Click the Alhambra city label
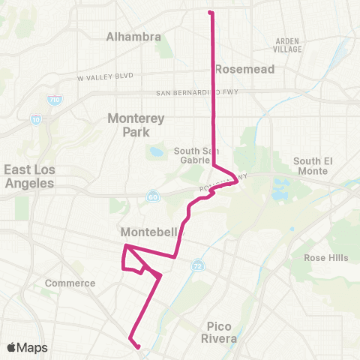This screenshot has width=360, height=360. (133, 36)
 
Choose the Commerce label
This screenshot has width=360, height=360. (70, 283)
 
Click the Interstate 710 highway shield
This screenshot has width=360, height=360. (53, 98)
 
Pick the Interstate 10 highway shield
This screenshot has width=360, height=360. (36, 118)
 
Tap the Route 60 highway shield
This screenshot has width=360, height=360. (152, 196)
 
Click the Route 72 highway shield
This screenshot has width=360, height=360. (197, 265)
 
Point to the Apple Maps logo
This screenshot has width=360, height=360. (27, 347)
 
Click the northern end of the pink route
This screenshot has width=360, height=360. (210, 12)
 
